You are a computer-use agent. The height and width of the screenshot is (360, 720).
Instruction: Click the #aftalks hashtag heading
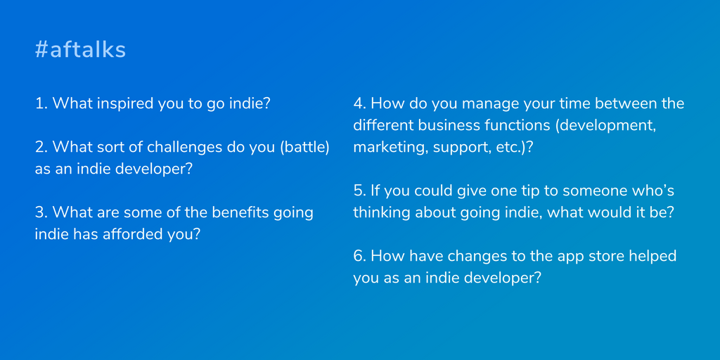[80, 50]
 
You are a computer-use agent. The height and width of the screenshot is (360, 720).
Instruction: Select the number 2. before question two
[41, 148]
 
